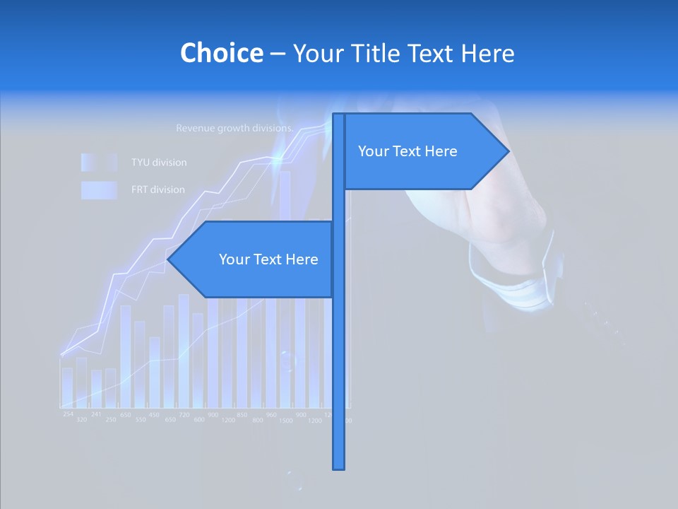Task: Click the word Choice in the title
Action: point(221,53)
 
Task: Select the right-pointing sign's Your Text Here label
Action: point(408,151)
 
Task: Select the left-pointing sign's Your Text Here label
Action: point(268,259)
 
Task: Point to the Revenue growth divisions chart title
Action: point(234,129)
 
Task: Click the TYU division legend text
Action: point(159,163)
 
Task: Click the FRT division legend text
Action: point(158,189)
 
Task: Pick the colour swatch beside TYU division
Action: point(99,163)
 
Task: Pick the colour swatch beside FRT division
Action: point(99,189)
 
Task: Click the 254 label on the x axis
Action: point(68,414)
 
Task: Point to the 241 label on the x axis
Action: point(96,414)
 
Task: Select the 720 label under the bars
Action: point(184,414)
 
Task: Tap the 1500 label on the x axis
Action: point(286,421)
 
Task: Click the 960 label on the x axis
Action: point(271,414)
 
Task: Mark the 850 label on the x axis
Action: point(242,414)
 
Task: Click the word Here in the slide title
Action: point(487,53)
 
